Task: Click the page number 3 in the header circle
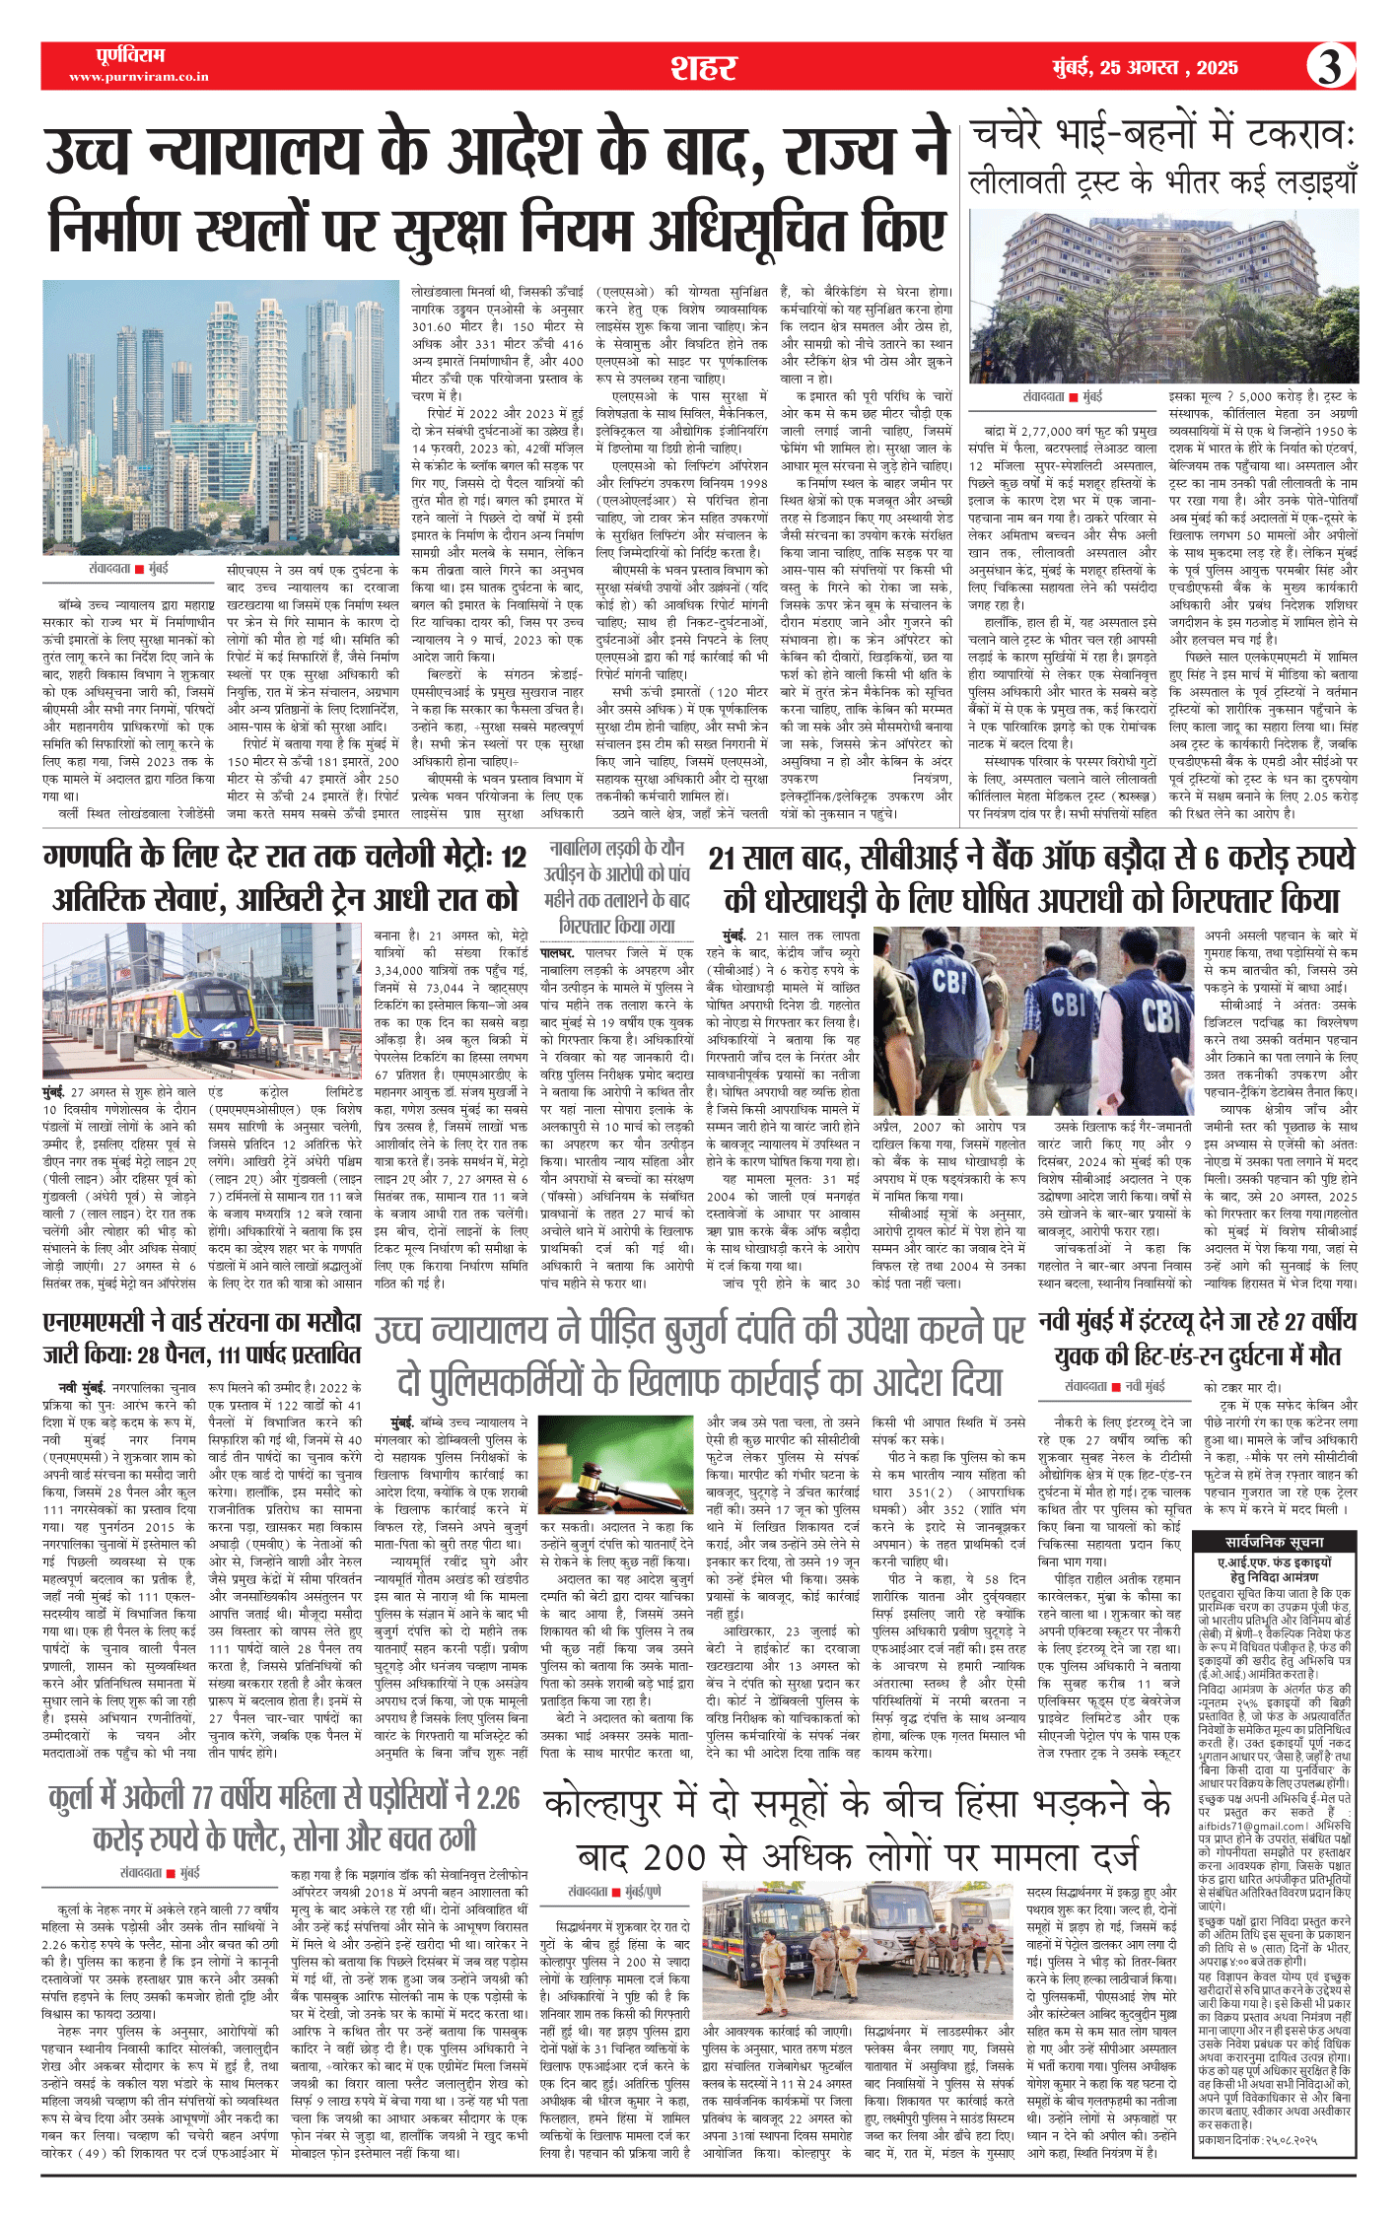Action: coord(1330,66)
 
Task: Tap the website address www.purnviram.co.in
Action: coord(138,77)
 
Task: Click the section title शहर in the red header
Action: coord(703,67)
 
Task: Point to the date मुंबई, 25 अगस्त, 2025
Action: coord(1145,67)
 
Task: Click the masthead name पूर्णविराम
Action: coord(132,55)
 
